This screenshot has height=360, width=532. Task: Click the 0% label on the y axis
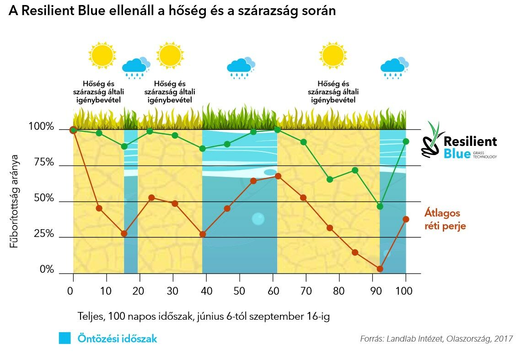(47, 270)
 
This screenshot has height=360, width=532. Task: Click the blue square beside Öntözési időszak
(65, 339)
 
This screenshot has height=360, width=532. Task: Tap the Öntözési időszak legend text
(117, 339)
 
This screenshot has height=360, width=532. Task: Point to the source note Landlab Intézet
(436, 339)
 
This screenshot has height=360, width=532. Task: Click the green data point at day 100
(406, 141)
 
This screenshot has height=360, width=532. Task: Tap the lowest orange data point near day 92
(380, 269)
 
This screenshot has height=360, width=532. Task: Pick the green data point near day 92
(380, 206)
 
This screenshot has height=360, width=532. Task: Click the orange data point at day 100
(406, 219)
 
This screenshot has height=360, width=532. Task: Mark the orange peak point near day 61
(278, 176)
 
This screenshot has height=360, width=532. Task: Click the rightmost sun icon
(333, 55)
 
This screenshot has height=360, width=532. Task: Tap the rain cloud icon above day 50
(241, 67)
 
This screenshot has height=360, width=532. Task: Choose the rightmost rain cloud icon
(394, 67)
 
